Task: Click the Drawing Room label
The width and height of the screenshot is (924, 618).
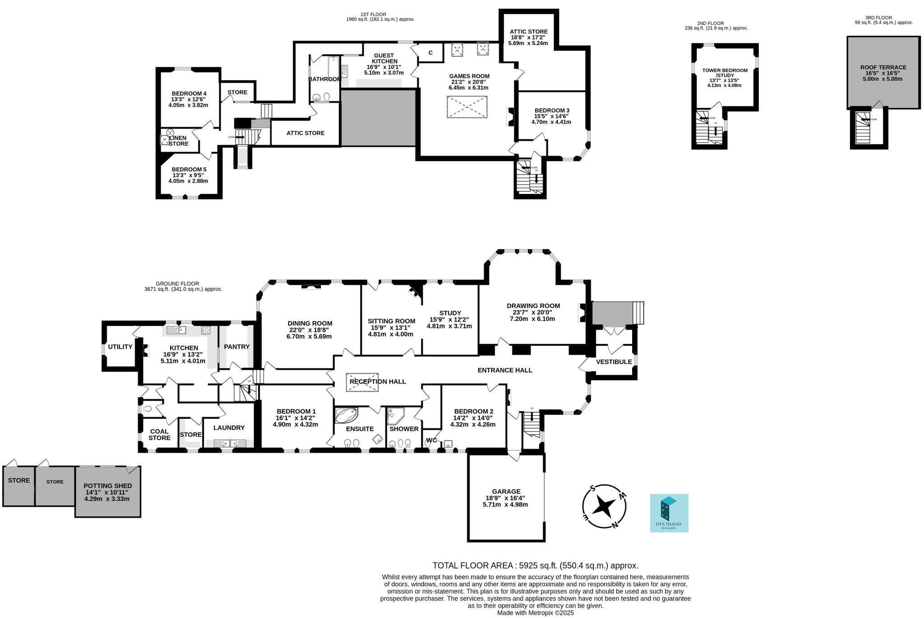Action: (533, 306)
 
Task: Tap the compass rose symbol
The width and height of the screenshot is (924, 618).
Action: (604, 506)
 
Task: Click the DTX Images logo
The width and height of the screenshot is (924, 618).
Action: (669, 513)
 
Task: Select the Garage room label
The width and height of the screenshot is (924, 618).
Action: (506, 491)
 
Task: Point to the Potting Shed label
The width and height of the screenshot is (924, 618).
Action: (107, 486)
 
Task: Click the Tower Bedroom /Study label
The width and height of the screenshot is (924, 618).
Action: (725, 73)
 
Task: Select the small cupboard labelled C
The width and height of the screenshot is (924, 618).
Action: (430, 53)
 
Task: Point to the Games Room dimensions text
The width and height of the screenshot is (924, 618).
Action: (469, 85)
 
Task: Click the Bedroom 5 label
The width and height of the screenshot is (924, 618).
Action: (189, 169)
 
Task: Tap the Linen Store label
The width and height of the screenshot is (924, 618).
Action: (179, 141)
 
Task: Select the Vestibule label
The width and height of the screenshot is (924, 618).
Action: (614, 362)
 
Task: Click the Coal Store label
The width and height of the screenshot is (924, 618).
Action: (159, 434)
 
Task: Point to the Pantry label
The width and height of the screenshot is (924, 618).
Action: (236, 347)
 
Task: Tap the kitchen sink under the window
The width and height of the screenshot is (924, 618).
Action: (176, 330)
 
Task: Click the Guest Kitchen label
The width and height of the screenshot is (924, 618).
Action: (384, 58)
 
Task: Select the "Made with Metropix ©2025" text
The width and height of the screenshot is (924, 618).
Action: (535, 613)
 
